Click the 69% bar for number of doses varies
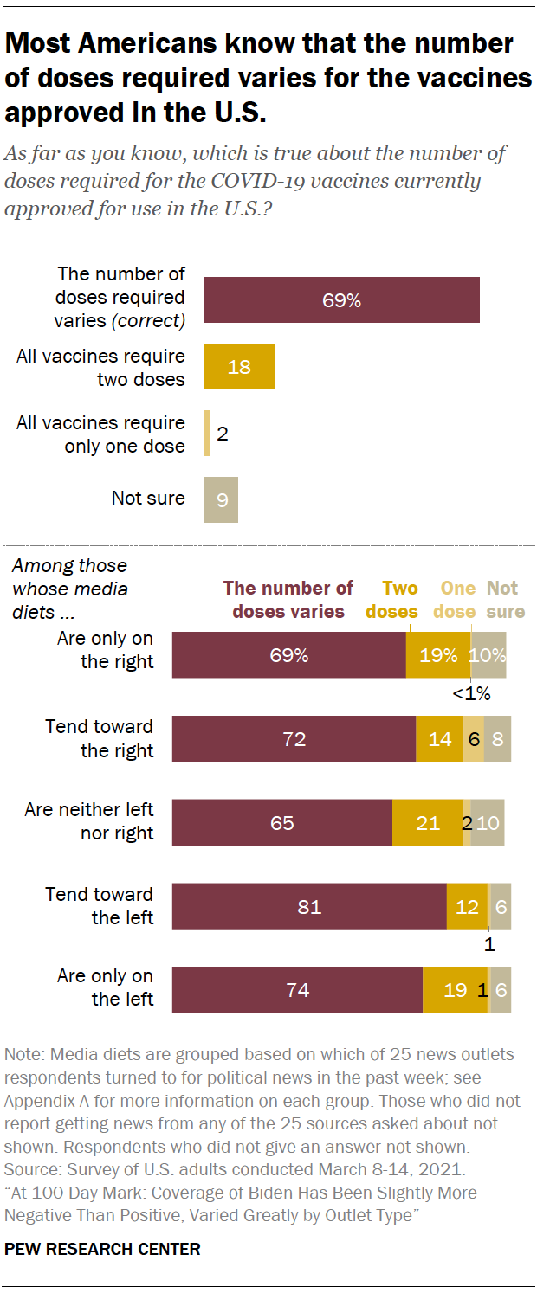click(341, 300)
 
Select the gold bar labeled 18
click(238, 366)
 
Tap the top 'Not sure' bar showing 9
click(221, 499)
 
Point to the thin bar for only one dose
click(206, 433)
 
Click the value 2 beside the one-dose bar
click(223, 434)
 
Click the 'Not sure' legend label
click(504, 600)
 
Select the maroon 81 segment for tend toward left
click(309, 906)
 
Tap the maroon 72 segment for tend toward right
click(294, 738)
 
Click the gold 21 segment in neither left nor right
click(428, 822)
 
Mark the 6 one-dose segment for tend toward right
click(473, 738)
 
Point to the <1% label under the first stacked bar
click(471, 692)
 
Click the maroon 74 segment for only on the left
click(297, 989)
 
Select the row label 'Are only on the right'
click(105, 650)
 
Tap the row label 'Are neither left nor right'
click(88, 821)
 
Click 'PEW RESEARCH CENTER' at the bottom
click(102, 1249)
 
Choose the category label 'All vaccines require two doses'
click(100, 367)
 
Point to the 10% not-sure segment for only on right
click(488, 655)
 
